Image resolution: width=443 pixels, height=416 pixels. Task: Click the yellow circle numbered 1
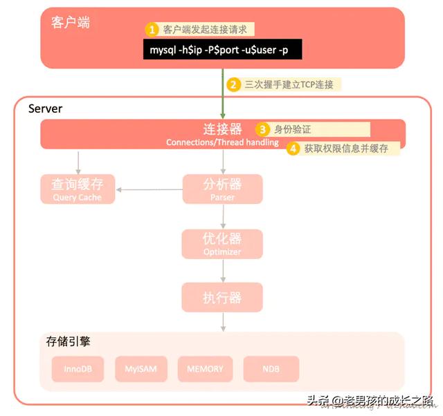tap(152, 30)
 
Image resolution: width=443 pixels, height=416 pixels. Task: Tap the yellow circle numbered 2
tap(234, 84)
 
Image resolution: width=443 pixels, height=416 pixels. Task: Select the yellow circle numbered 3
tap(262, 129)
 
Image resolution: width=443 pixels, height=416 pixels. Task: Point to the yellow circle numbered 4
tap(293, 148)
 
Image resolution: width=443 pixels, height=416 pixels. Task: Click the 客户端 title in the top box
tap(71, 22)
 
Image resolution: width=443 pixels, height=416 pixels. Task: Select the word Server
tap(45, 108)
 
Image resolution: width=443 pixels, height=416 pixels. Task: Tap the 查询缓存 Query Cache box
tap(77, 189)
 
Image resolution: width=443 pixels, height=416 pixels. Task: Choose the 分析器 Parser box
tap(222, 189)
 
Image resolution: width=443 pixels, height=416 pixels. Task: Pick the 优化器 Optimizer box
tap(222, 244)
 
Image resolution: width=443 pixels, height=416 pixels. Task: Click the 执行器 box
tap(222, 298)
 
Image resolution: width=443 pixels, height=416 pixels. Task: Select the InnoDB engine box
tap(78, 369)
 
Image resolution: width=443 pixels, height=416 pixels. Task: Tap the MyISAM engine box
tap(141, 369)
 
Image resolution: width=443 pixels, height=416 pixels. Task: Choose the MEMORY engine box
tap(205, 369)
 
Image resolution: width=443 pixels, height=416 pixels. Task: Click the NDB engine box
tap(271, 369)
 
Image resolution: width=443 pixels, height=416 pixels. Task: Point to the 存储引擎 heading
tap(68, 341)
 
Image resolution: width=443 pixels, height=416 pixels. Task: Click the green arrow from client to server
tap(223, 94)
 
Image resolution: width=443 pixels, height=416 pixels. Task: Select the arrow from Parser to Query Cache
tap(148, 189)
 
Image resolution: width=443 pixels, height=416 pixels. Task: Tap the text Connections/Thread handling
tap(222, 142)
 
